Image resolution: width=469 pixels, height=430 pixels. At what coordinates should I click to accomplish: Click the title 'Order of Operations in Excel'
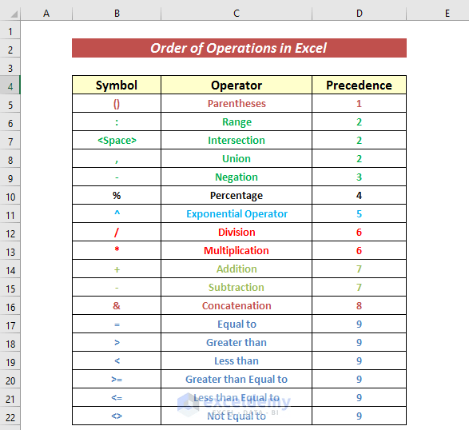pyautogui.click(x=239, y=48)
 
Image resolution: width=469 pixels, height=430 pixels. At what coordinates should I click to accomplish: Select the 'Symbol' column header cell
pyautogui.click(x=117, y=86)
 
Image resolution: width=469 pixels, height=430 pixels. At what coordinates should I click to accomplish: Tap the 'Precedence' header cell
pyautogui.click(x=360, y=86)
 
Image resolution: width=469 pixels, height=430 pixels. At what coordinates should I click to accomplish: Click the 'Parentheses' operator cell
pyautogui.click(x=236, y=104)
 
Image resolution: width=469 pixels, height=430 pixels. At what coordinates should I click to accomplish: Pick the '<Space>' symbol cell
pyautogui.click(x=117, y=141)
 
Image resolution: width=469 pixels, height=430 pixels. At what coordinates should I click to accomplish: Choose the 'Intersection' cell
pyautogui.click(x=236, y=141)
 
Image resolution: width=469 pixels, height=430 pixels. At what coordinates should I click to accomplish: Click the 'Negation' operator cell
pyautogui.click(x=236, y=177)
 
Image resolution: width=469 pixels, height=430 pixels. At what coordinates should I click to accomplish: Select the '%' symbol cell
pyautogui.click(x=117, y=196)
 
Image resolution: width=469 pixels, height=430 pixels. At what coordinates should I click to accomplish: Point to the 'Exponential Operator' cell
pyautogui.click(x=236, y=214)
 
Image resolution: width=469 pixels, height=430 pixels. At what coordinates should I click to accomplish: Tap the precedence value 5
pyautogui.click(x=360, y=214)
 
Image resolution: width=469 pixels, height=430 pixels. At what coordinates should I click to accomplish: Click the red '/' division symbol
pyautogui.click(x=117, y=233)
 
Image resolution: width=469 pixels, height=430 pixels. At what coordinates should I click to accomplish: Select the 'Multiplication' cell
pyautogui.click(x=236, y=251)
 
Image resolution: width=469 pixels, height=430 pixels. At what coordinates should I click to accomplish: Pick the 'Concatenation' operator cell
pyautogui.click(x=236, y=306)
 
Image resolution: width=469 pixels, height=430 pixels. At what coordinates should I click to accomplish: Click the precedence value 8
pyautogui.click(x=360, y=306)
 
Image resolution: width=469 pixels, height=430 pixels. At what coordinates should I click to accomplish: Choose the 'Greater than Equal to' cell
pyautogui.click(x=236, y=380)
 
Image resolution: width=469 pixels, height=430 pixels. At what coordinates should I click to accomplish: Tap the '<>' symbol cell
pyautogui.click(x=117, y=416)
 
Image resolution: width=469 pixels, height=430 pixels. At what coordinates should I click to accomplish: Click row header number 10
pyautogui.click(x=10, y=196)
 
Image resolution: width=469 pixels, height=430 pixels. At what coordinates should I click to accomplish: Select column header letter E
pyautogui.click(x=447, y=14)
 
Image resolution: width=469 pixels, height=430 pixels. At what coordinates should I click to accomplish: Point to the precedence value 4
pyautogui.click(x=360, y=196)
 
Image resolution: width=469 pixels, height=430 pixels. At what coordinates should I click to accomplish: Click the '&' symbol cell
pyautogui.click(x=117, y=306)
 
